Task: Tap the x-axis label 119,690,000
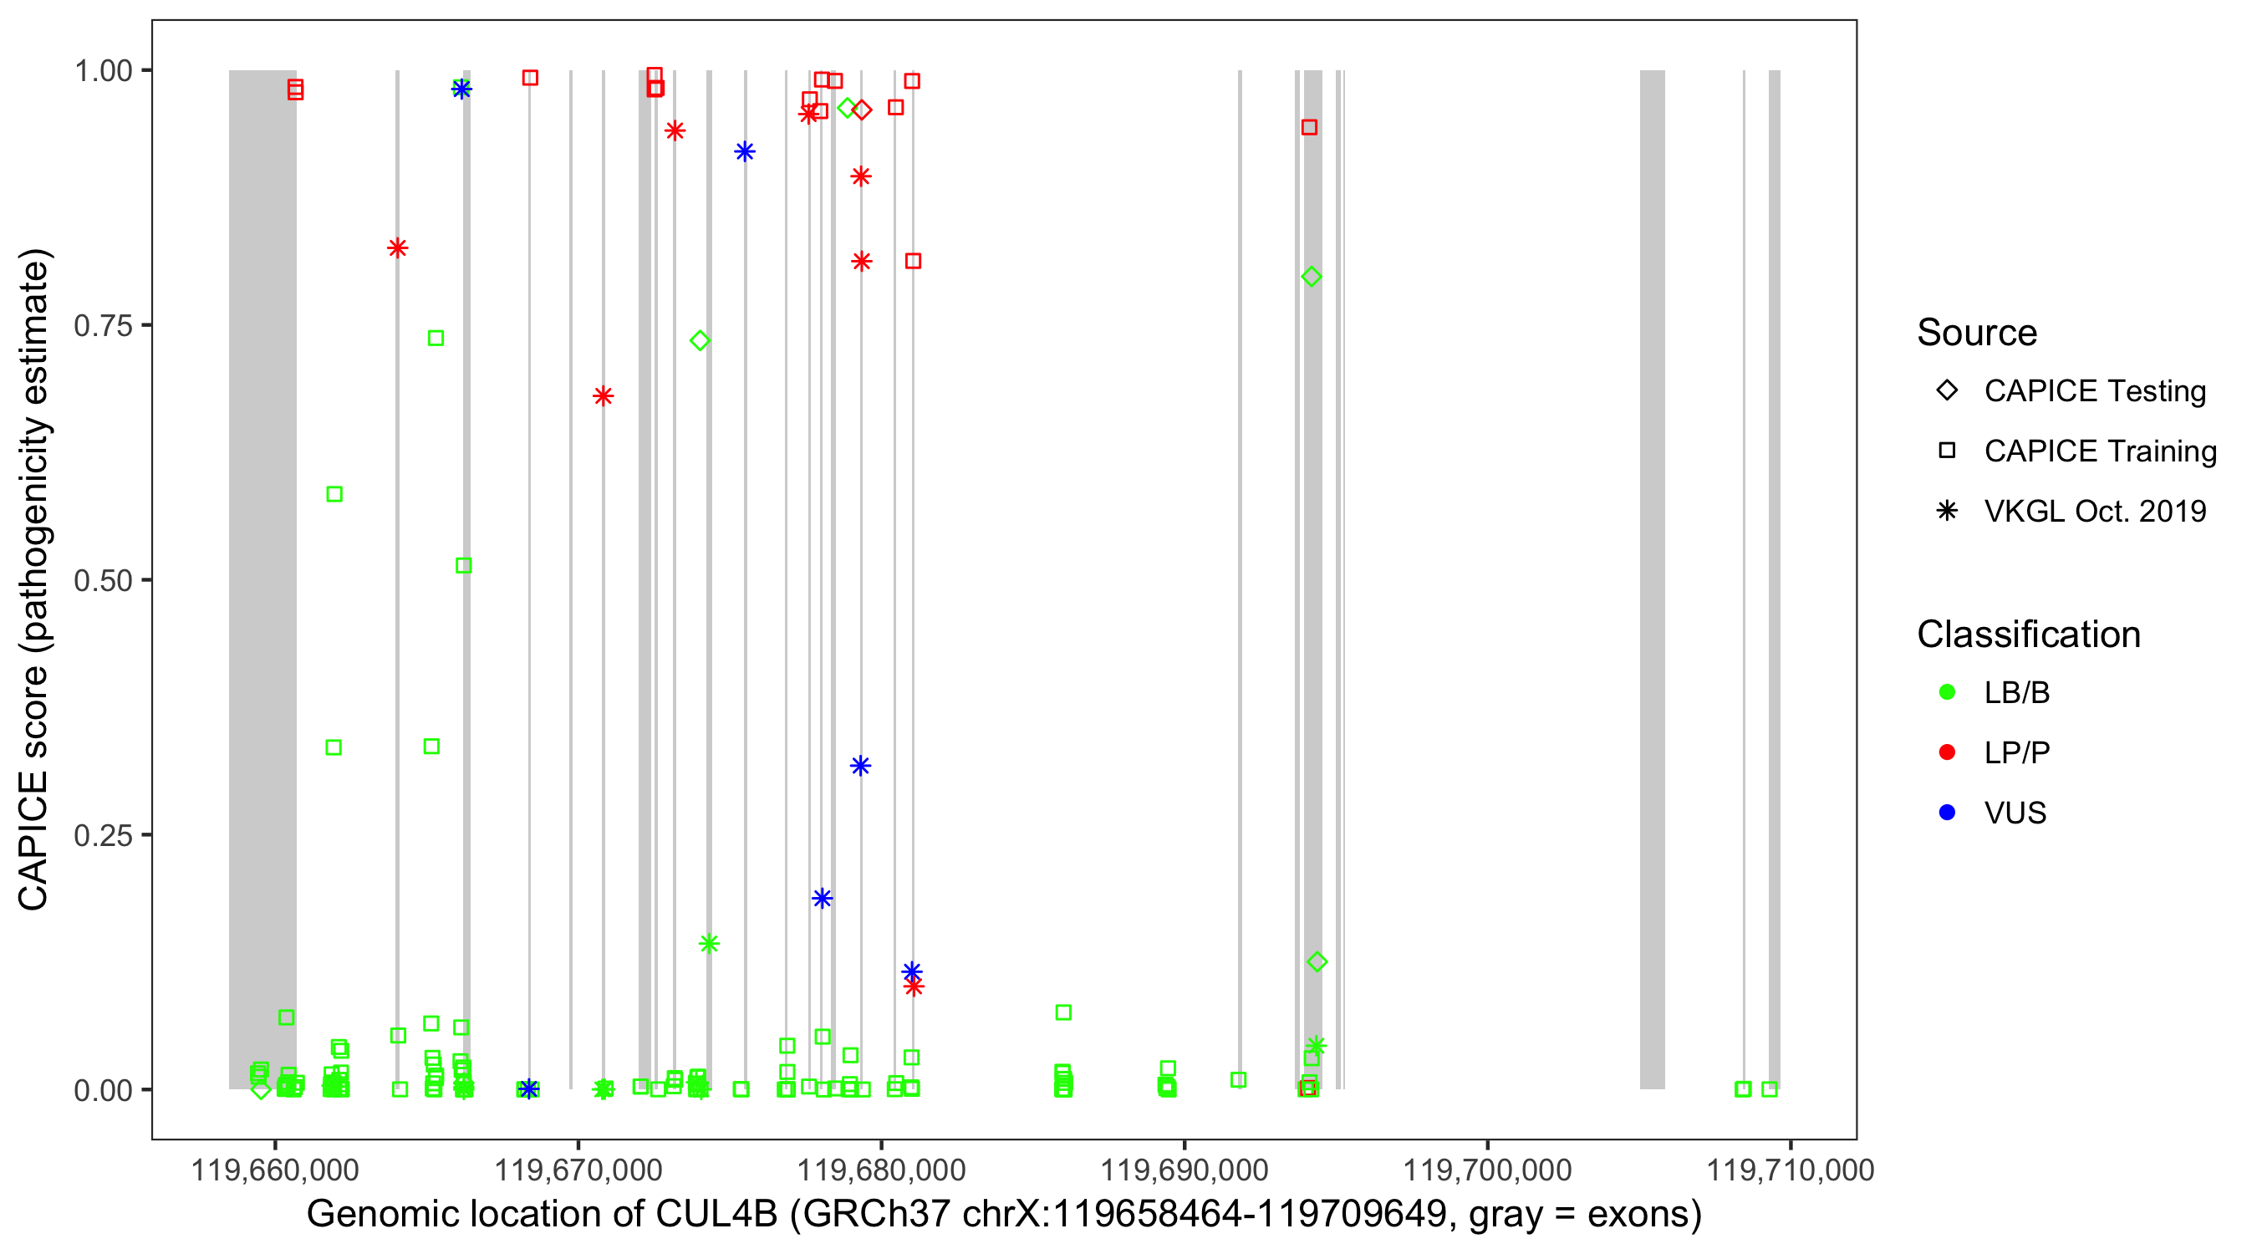[x=1184, y=1170]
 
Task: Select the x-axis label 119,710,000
[x=1790, y=1170]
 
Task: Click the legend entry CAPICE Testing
[x=2094, y=391]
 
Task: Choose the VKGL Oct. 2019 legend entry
[x=2094, y=511]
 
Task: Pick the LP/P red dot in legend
[x=1947, y=752]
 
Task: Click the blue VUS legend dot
[x=1947, y=813]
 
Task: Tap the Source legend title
[x=1977, y=333]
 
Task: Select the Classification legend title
[x=2028, y=635]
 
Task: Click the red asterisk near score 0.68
[x=603, y=396]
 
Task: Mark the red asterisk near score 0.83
[x=397, y=248]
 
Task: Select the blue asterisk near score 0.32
[x=860, y=766]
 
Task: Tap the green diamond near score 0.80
[x=1311, y=277]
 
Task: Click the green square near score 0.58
[x=334, y=494]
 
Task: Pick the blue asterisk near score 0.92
[x=745, y=151]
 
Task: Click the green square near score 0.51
[x=463, y=566]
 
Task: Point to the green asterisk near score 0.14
[x=709, y=944]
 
